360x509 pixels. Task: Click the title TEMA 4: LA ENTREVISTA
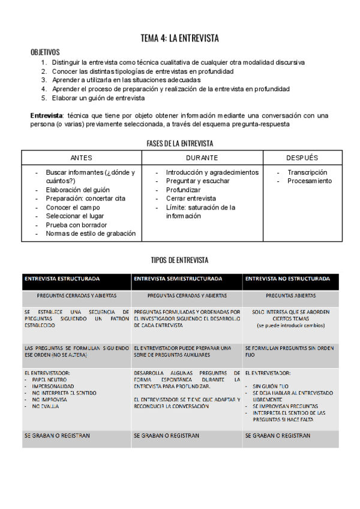[179, 38]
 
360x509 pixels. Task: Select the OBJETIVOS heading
[44, 52]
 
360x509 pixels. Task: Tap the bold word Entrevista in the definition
[47, 115]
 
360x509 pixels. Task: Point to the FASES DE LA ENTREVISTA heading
[179, 143]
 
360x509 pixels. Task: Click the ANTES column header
[82, 157]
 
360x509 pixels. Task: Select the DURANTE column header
[202, 157]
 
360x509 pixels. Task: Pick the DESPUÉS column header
[302, 157]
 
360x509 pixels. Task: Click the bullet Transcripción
[308, 172]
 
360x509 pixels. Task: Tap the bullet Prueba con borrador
[76, 225]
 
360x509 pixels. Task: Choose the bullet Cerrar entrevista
[191, 198]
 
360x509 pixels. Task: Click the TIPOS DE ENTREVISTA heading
[179, 260]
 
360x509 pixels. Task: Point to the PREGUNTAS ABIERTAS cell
[290, 296]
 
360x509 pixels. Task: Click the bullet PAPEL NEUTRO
[49, 380]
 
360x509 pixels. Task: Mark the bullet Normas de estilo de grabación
[91, 233]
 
